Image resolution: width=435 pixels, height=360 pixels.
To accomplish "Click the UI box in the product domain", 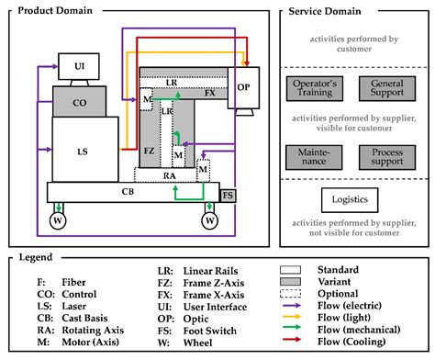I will (78, 66).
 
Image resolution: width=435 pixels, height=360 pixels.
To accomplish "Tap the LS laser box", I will (84, 149).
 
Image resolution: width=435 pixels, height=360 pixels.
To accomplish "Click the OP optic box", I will (243, 88).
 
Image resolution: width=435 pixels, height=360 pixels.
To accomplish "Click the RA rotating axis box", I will (170, 174).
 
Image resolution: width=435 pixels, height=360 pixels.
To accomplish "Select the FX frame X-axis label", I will (210, 94).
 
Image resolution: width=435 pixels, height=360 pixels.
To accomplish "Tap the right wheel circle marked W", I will (210, 220).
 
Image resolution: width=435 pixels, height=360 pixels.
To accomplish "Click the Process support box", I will (386, 154).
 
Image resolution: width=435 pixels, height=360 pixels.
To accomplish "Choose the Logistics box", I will (351, 199).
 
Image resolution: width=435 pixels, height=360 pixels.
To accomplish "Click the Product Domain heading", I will (57, 11).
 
